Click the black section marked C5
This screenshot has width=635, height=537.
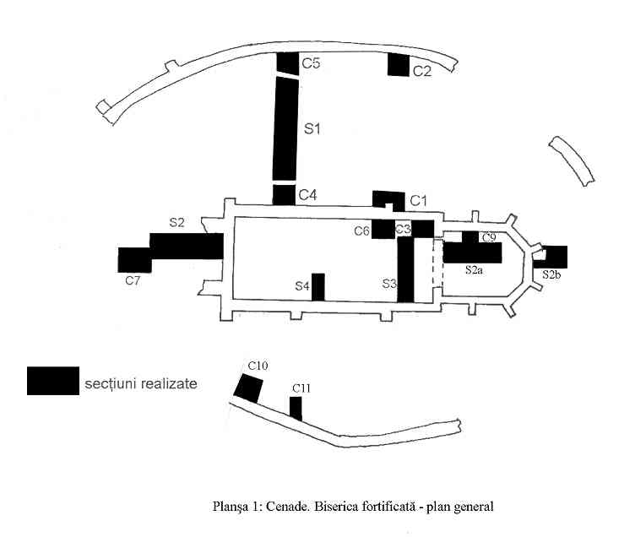(x=287, y=63)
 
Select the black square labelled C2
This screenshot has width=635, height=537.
(x=399, y=64)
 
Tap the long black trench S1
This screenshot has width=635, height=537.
(x=285, y=128)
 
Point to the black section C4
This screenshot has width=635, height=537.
(x=284, y=194)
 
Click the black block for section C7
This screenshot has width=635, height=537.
(x=134, y=259)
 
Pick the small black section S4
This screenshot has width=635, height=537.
(x=318, y=286)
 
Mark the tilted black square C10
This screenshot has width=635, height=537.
(x=248, y=388)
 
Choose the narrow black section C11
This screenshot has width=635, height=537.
(x=296, y=408)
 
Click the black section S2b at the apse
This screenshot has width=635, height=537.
(x=555, y=257)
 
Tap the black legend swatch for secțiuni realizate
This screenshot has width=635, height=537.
(x=52, y=381)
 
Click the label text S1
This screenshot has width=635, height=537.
(x=313, y=129)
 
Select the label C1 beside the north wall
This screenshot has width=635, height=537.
(x=420, y=200)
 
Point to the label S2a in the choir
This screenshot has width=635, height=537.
(x=474, y=270)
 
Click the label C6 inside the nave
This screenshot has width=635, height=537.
(x=362, y=231)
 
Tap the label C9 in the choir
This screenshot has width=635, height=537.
(x=488, y=238)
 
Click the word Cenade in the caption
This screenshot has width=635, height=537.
(x=287, y=507)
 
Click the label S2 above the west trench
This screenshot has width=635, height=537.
(x=176, y=223)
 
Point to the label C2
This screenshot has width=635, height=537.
(x=422, y=71)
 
